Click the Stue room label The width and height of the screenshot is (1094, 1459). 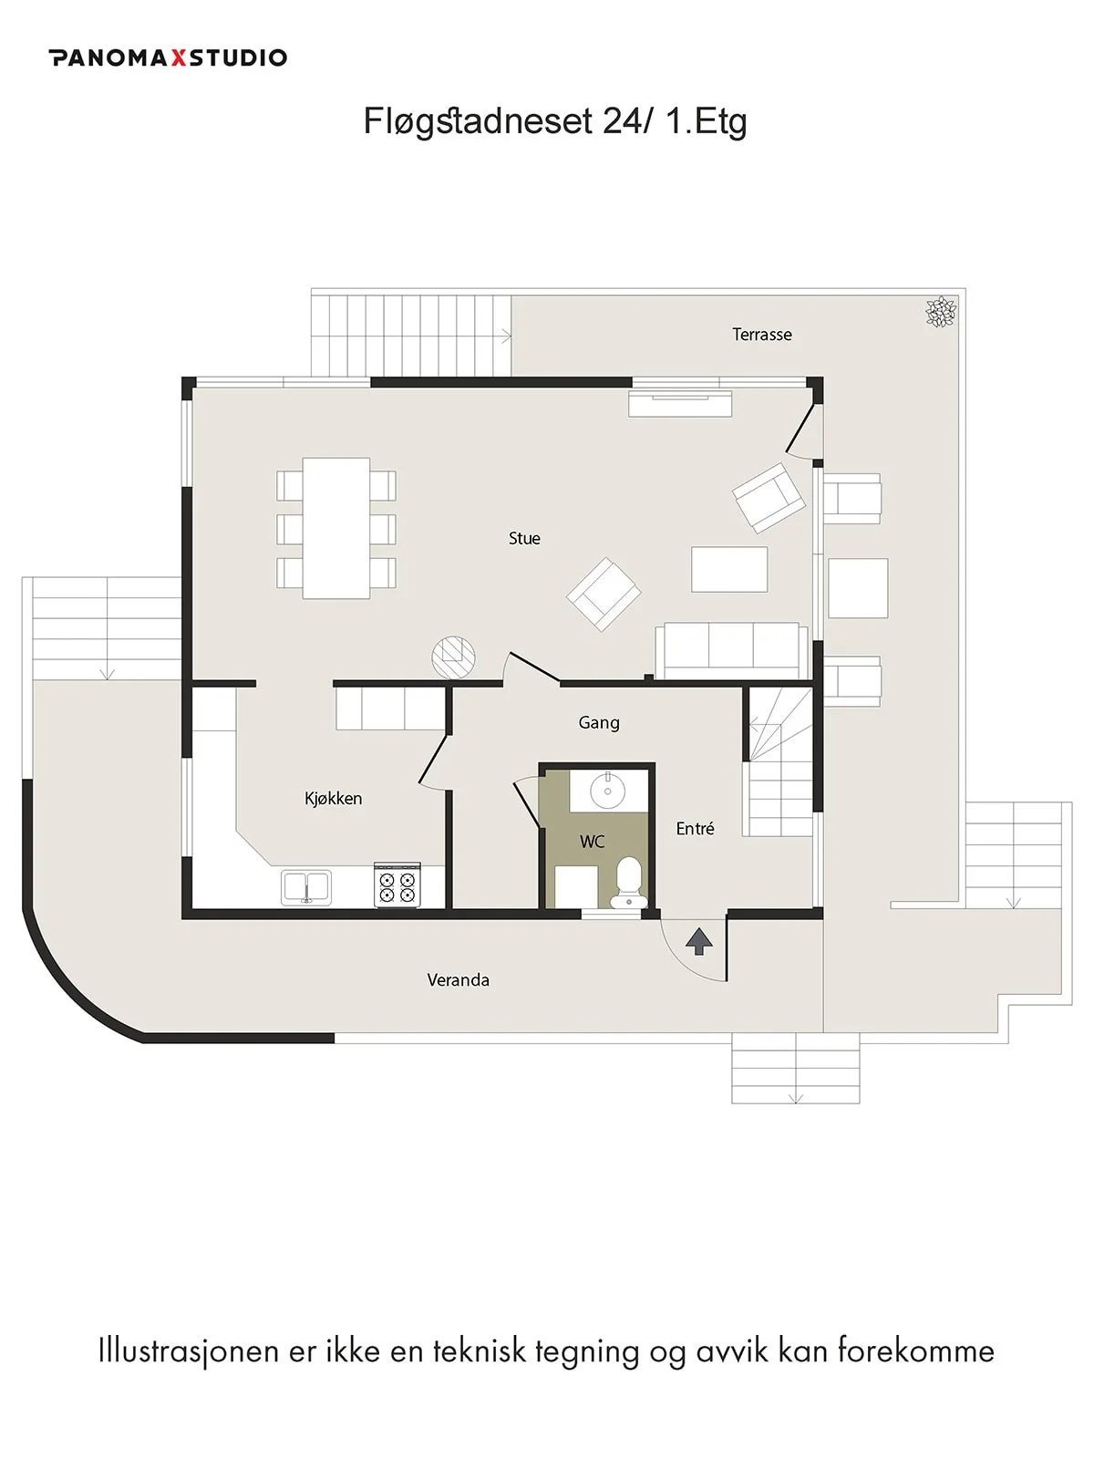tap(524, 538)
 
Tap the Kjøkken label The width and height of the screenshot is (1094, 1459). tap(334, 798)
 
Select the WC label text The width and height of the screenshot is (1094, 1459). tap(592, 843)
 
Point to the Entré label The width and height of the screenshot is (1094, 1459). tap(695, 828)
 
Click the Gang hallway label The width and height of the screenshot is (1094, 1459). tap(599, 723)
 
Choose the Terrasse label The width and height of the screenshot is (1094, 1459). tap(762, 335)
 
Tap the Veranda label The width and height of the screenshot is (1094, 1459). tap(459, 979)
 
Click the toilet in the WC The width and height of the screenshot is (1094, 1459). tap(628, 882)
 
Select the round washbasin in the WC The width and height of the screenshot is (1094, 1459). tap(607, 791)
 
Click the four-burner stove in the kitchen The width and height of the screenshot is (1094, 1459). tap(397, 885)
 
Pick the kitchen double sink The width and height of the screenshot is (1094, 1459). tap(306, 887)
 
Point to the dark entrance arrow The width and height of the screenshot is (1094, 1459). tap(698, 941)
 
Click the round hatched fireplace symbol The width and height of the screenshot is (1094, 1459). tap(453, 657)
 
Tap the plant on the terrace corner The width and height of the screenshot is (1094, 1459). tap(941, 312)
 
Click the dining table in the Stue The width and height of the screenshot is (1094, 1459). tap(336, 528)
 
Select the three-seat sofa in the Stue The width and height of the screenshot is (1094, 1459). tap(731, 651)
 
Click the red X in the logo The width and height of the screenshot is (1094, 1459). tap(178, 57)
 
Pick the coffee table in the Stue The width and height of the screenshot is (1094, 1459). tap(729, 570)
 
